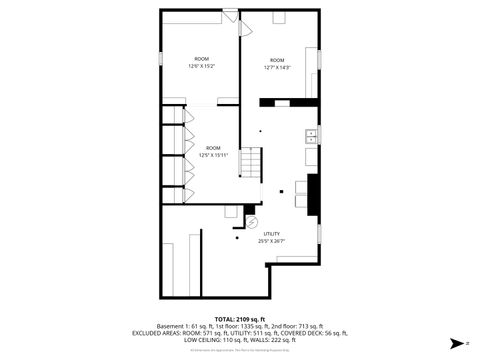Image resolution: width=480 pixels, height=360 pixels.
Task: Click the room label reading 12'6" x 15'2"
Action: point(201,63)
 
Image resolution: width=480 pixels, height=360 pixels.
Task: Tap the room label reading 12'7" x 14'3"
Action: point(277,64)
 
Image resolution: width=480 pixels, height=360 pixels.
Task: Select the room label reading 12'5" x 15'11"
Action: point(213,152)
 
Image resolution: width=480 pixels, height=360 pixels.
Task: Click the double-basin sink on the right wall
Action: point(312,134)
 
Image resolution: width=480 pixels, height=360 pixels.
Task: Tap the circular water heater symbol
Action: point(251,222)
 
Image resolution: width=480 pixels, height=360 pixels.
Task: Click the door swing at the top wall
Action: point(231,18)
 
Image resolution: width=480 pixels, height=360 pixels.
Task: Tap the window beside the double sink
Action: point(320,134)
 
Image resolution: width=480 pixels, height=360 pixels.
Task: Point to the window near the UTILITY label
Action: point(320,234)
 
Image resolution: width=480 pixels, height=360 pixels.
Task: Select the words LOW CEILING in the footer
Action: point(205,339)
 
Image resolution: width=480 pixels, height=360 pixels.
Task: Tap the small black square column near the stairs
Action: point(282,189)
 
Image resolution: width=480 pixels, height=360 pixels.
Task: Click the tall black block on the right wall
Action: point(313,194)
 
